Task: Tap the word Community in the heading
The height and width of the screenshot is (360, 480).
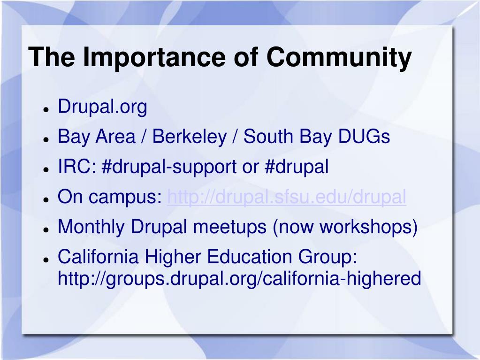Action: [339, 57]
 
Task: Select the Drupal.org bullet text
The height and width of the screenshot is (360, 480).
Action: [103, 107]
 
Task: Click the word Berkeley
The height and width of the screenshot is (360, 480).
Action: [190, 137]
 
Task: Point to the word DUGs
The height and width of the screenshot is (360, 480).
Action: [364, 137]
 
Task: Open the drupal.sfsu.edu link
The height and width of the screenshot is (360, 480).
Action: [287, 197]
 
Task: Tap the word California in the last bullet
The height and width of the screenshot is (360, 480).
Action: [98, 256]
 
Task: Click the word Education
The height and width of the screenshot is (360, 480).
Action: [250, 256]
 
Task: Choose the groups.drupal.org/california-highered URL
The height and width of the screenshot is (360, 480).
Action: [239, 279]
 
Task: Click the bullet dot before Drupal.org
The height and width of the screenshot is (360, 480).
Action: [46, 109]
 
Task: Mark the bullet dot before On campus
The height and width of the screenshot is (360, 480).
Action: [46, 199]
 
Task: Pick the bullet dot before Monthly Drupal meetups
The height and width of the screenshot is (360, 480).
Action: [46, 230]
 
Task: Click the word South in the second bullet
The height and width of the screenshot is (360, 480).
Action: [268, 137]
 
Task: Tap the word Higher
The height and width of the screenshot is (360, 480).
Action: [173, 257]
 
